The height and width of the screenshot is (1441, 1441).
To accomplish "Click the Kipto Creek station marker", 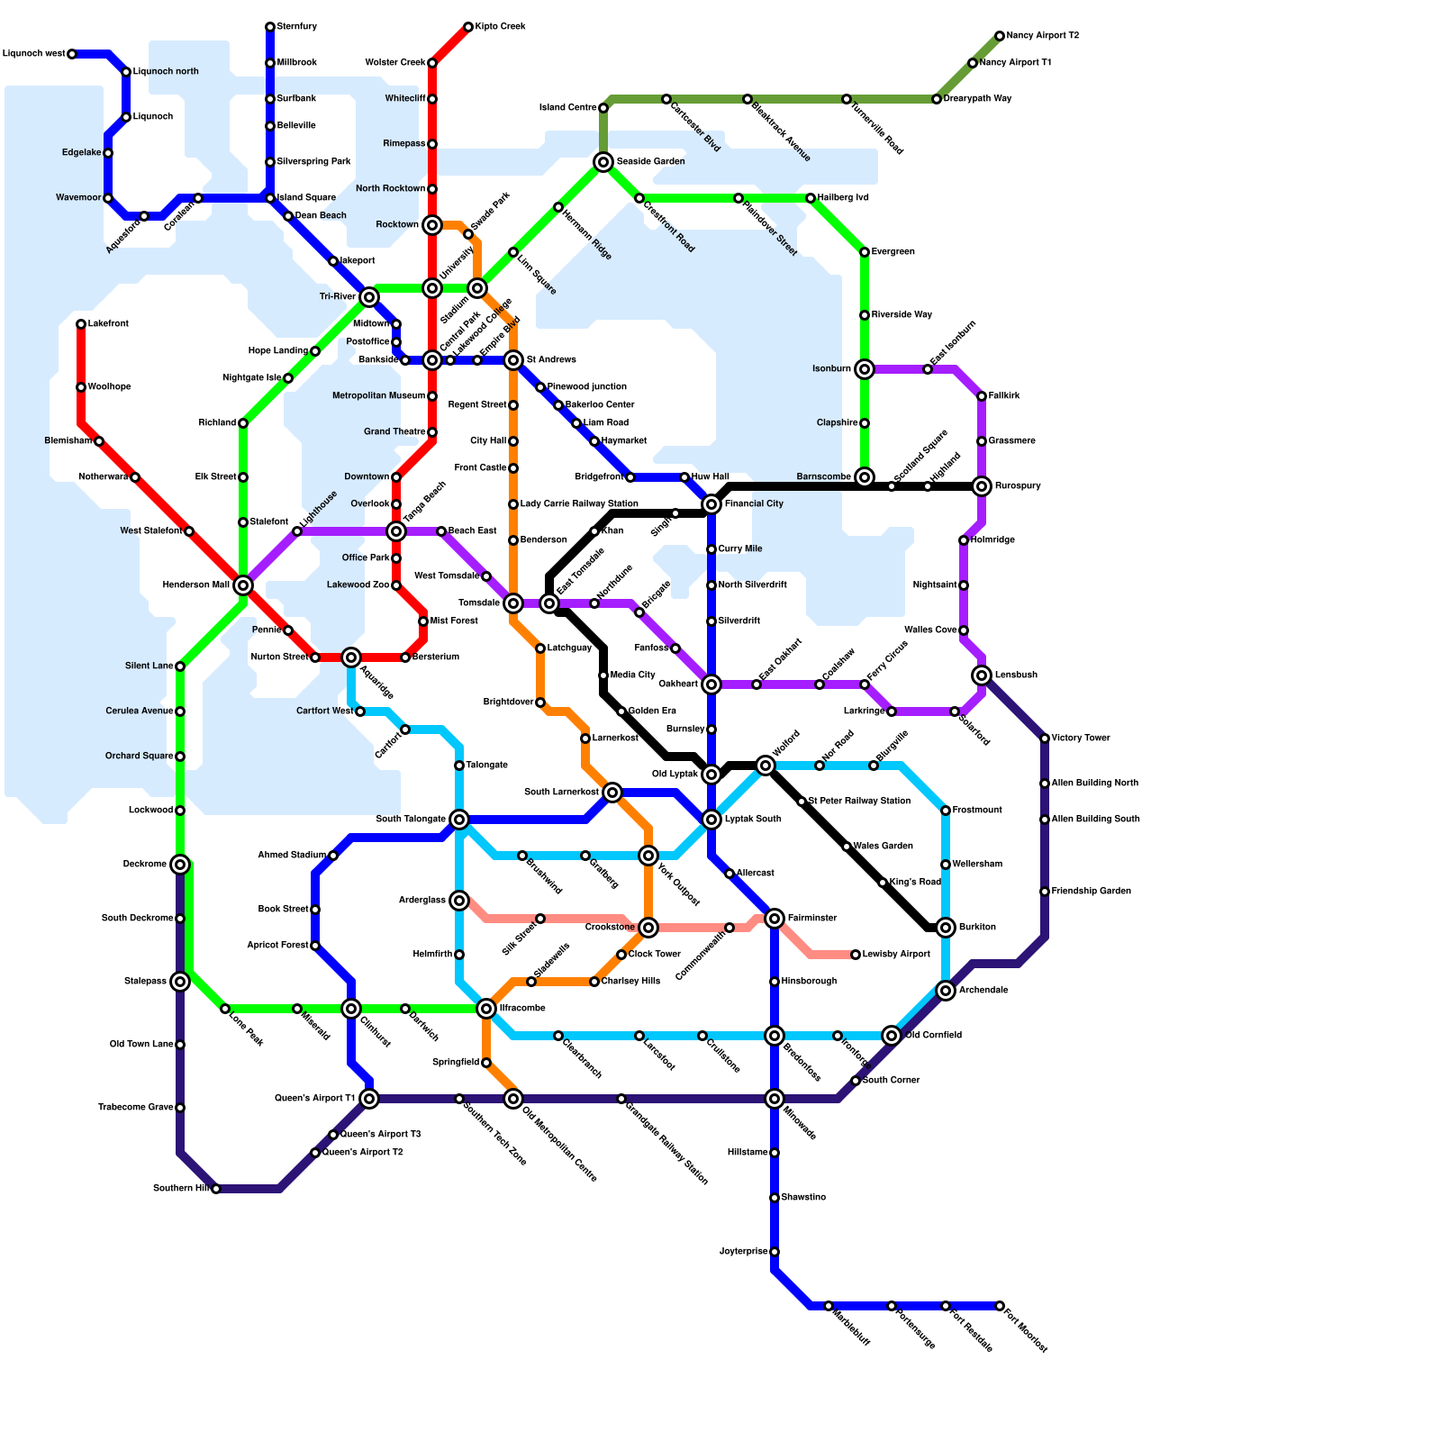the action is pos(468,27).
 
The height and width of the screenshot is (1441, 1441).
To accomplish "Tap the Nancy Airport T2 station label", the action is pos(1042,36).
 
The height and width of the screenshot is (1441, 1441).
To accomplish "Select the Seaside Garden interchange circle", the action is pos(603,162).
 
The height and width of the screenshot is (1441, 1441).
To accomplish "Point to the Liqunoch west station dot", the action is pos(72,54).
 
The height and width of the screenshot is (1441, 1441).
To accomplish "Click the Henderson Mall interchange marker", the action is pos(243,585).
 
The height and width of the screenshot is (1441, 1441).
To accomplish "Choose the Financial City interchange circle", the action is pos(711,504).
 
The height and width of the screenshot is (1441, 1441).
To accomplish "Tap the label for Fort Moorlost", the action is pos(1026,1330).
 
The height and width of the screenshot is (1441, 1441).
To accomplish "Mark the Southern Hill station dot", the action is pos(216,1189).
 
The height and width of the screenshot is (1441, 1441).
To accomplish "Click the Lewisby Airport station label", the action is pos(896,955).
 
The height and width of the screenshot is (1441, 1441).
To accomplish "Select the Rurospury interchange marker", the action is pos(982,486).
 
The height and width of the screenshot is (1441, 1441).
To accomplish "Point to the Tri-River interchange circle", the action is pos(369,297).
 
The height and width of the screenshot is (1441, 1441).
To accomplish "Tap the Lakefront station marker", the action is pos(81,324).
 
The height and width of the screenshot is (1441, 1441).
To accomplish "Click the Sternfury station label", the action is pos(296,27).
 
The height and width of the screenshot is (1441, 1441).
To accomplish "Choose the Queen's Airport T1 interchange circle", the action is pos(369,1099).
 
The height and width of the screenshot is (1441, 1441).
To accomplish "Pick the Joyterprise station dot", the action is pos(775,1252).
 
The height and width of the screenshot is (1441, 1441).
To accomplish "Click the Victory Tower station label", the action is pos(1081,739).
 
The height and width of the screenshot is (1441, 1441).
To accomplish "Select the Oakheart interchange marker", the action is pos(711,684).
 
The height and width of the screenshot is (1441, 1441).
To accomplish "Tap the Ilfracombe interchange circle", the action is pos(486,1009).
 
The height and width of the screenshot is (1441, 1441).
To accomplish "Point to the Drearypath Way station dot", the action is pos(937,99).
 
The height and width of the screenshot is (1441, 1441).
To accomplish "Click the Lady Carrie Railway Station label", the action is pos(579,504).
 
